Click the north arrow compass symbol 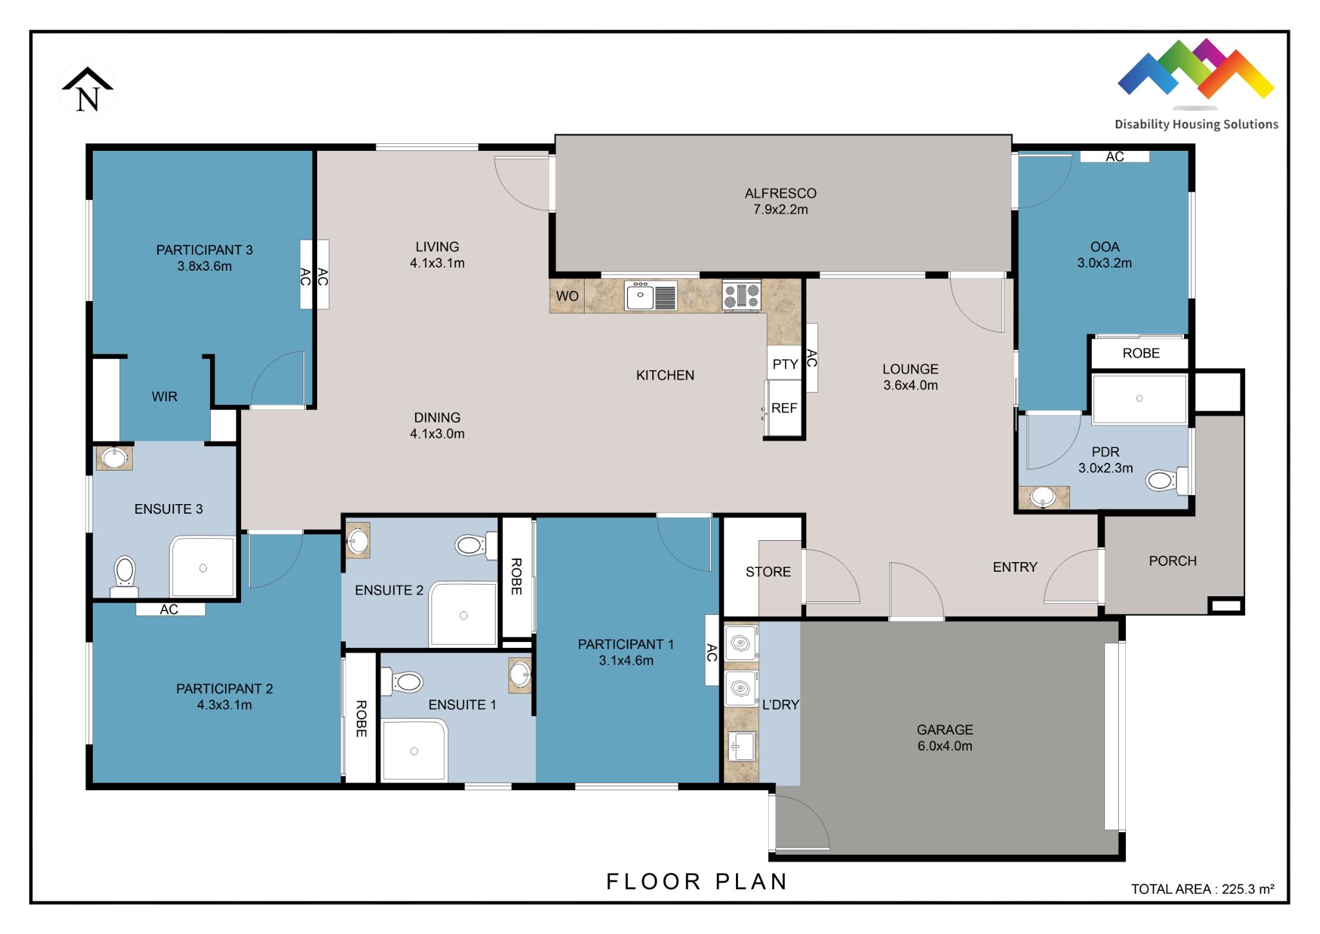87,91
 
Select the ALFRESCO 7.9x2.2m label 780,201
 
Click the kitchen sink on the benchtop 641,297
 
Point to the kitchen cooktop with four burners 741,296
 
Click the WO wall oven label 567,297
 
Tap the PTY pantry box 784,364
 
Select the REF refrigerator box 784,408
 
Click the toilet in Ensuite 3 124,572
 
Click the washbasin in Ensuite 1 519,675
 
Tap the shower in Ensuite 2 463,614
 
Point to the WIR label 164,397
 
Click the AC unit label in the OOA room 1114,157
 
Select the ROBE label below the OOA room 1140,353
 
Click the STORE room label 768,572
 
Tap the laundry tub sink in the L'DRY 741,746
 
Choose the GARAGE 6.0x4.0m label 944,738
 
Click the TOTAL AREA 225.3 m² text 1202,889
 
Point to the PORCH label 1172,561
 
